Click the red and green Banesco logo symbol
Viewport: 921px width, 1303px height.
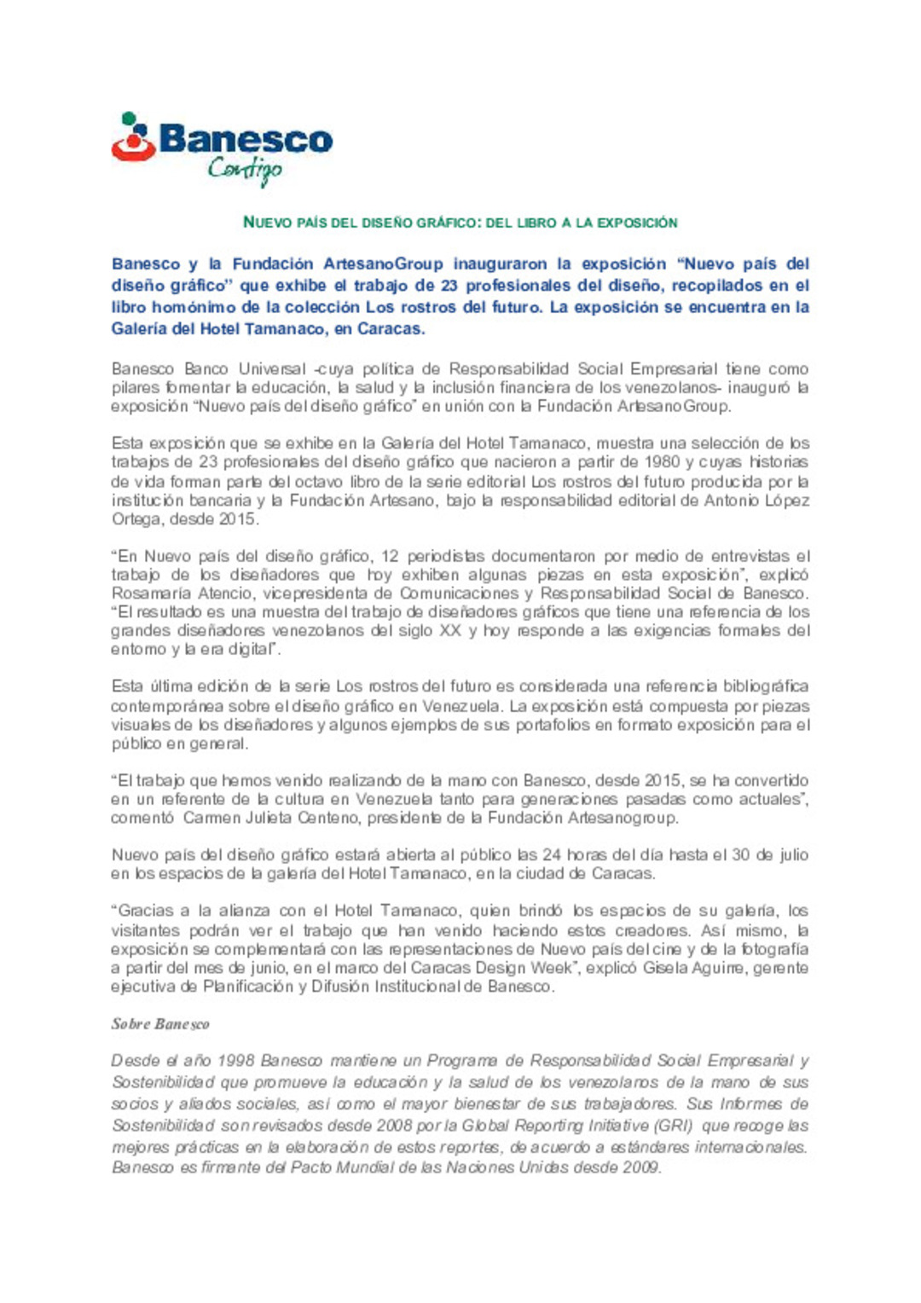(133, 138)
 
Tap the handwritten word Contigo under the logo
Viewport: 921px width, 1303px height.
(245, 170)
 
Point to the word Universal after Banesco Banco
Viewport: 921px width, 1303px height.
(272, 369)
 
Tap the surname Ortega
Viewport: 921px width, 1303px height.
(136, 518)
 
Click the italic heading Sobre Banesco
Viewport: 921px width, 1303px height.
(160, 1024)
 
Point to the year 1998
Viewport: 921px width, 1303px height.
(235, 1061)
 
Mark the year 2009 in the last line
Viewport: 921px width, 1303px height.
(640, 1167)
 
